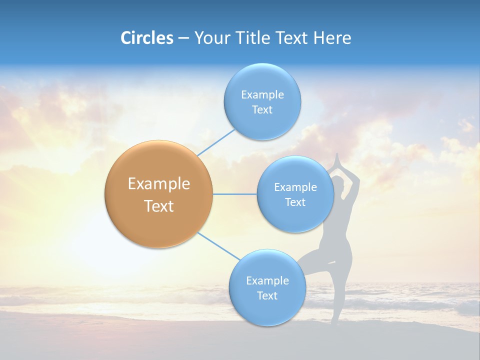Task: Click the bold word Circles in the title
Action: [x=146, y=38]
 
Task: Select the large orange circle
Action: [x=159, y=194]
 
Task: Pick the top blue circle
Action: [x=262, y=101]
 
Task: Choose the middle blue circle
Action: [x=295, y=194]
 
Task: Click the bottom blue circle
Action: [x=267, y=287]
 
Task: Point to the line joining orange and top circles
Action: [x=216, y=142]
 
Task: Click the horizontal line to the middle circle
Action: [x=235, y=194]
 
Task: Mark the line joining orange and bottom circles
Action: [x=219, y=246]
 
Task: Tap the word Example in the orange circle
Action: [x=159, y=184]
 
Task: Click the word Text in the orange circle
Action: [x=159, y=206]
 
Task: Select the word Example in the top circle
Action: [x=262, y=94]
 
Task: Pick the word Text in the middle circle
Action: [x=295, y=202]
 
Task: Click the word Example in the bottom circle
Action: [x=267, y=280]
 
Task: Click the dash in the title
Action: [x=183, y=38]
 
